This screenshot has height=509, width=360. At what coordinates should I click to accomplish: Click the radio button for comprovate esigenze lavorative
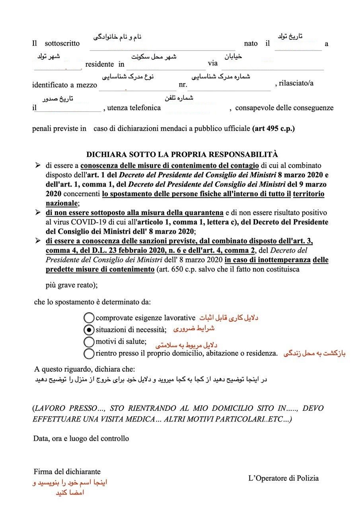coord(90,318)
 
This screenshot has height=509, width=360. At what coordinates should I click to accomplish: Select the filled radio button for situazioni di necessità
coord(90,330)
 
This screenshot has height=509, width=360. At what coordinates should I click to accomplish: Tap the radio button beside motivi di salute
coord(90,342)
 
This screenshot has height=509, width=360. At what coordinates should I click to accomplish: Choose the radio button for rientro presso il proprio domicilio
coord(90,353)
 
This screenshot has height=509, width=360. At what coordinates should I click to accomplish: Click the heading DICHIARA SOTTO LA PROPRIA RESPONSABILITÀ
coord(182,154)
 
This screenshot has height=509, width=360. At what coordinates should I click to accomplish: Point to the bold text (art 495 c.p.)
coord(274,128)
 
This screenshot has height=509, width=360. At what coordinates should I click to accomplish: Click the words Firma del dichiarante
coord(67,472)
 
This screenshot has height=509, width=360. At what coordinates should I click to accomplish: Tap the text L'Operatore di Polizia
coord(283,478)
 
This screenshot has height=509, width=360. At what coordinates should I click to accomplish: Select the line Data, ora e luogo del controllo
coord(81,439)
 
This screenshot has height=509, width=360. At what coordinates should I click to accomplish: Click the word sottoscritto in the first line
coord(62,43)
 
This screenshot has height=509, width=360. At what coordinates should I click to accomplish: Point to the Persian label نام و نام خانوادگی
coord(117,37)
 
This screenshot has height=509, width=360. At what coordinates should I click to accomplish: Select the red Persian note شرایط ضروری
coord(194,329)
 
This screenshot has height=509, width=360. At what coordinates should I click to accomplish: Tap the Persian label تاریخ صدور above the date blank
coord(58,98)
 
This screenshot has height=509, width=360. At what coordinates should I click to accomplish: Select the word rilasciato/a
coord(296,83)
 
